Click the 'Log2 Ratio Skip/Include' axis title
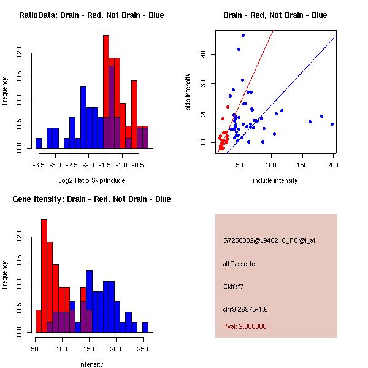click(x=91, y=180)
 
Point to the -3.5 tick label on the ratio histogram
click(x=39, y=165)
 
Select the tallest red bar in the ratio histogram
click(x=106, y=92)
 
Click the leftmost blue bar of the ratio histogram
click(x=39, y=144)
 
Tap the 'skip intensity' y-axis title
click(x=188, y=92)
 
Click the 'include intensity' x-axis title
click(x=275, y=180)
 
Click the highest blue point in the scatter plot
click(x=243, y=35)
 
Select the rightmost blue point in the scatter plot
click(x=332, y=124)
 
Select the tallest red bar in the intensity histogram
click(x=44, y=276)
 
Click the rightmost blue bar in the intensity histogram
click(x=145, y=328)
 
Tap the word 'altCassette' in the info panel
click(x=239, y=264)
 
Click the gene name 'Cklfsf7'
click(x=236, y=286)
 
